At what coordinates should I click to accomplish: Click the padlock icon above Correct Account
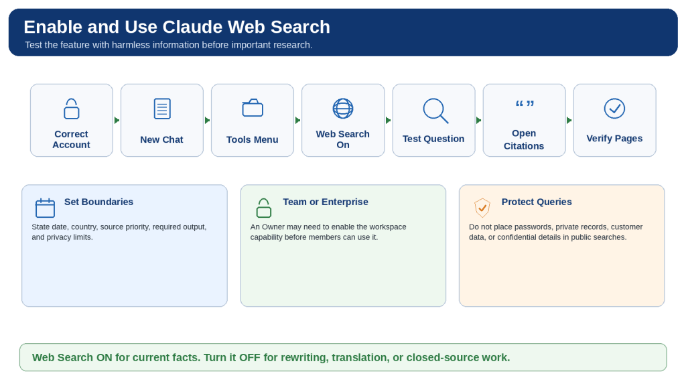tap(71, 109)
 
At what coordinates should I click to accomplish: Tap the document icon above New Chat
tap(162, 109)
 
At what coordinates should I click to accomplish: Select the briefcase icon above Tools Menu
tap(253, 108)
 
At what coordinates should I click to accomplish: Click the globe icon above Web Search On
tap(343, 109)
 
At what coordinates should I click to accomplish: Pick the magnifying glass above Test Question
tap(435, 111)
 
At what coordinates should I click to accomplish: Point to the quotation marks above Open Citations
tap(525, 104)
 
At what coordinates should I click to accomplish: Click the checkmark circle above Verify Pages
tap(615, 109)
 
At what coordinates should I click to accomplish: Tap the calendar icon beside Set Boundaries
tap(45, 208)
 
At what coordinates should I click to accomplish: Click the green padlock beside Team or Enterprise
tap(264, 208)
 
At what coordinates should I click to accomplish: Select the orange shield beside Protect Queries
tap(482, 208)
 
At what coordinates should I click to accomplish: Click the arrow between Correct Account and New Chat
tap(117, 121)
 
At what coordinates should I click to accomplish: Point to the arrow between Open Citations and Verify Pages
tap(569, 121)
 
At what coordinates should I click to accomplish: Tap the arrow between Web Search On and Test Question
tap(389, 121)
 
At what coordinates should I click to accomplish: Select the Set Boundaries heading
tap(99, 202)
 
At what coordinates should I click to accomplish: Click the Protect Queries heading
tap(537, 202)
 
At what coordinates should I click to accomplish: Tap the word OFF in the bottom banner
tap(249, 358)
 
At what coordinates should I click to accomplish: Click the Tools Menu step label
tap(253, 139)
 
